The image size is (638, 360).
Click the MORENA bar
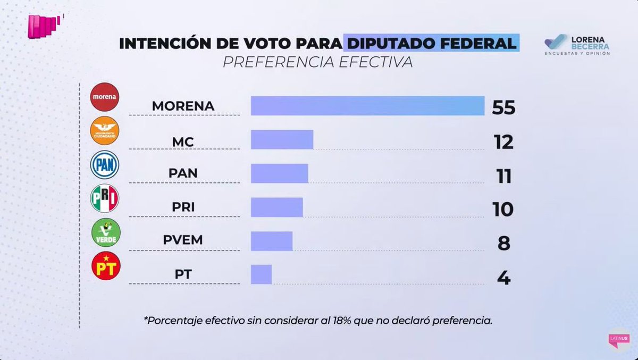367,106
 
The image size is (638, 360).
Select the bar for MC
282,139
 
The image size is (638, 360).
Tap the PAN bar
279,173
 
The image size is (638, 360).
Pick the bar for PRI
276,207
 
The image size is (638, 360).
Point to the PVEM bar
271,241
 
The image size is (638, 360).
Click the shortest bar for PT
261,274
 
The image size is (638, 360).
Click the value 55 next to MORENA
503,108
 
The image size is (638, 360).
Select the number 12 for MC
503,142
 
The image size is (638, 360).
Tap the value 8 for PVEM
503,244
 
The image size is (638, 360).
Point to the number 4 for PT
503,278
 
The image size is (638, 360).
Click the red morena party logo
105,97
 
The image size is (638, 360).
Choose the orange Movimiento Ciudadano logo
105,131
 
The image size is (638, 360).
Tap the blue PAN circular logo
105,164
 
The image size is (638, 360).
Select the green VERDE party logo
105,232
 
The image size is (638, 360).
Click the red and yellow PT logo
105,266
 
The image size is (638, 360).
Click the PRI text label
183,207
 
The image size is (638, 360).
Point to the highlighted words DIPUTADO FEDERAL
431,43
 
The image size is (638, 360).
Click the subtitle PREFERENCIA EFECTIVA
317,62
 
